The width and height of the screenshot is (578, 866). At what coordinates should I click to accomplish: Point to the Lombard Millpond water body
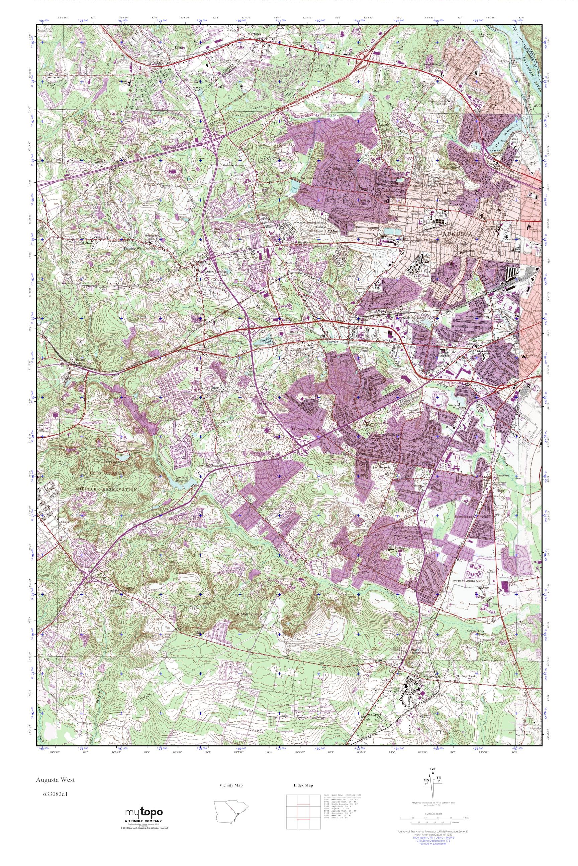coord(180,484)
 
